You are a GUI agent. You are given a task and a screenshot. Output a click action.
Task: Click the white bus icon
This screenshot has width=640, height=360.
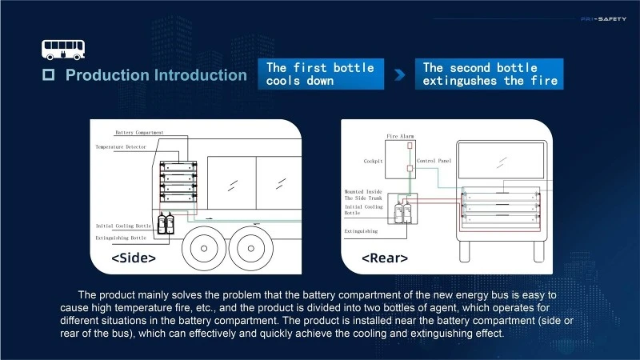coord(63,50)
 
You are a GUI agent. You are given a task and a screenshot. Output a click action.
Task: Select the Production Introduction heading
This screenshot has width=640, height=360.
coord(156,75)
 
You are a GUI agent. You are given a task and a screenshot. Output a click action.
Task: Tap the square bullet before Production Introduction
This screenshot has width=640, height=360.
coord(49,74)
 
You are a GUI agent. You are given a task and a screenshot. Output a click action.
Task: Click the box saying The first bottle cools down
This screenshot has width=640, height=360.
coord(321,74)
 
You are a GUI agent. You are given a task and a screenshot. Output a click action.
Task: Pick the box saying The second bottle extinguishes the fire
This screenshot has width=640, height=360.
coord(489,74)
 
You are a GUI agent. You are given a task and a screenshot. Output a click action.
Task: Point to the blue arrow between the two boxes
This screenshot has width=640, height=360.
coord(399,74)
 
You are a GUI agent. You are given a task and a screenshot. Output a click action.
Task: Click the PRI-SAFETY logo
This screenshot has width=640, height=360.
coord(603,18)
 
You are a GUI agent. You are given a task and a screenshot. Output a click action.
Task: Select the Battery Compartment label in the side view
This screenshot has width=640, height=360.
coord(139,133)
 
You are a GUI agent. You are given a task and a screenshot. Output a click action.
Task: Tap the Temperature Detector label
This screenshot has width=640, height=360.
coord(121,147)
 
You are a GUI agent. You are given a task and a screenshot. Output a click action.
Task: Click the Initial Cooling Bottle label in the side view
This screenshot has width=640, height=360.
coord(123,226)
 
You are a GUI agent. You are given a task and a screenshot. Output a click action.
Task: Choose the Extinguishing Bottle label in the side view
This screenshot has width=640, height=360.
coord(121,238)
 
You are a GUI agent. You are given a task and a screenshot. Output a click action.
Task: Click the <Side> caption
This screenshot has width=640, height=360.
coord(134,258)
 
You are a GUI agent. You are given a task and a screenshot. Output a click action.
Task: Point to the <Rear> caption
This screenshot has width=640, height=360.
coord(385,258)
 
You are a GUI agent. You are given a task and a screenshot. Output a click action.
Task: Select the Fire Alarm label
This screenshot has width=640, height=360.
coord(400,136)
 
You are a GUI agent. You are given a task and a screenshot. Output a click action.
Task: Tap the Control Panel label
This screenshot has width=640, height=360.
coord(434,161)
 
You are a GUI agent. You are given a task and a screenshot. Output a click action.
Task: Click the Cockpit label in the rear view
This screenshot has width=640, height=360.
coord(373,162)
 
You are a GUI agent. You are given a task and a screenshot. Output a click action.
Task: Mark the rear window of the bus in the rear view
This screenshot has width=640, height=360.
coord(502,160)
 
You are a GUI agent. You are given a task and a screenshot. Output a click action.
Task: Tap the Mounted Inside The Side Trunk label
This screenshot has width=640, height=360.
coord(363,194)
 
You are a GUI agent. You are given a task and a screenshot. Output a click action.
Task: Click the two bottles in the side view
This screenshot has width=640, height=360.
coord(166,223)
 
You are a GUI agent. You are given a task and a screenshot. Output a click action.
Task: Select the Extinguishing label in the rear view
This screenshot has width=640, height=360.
coord(361,231)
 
